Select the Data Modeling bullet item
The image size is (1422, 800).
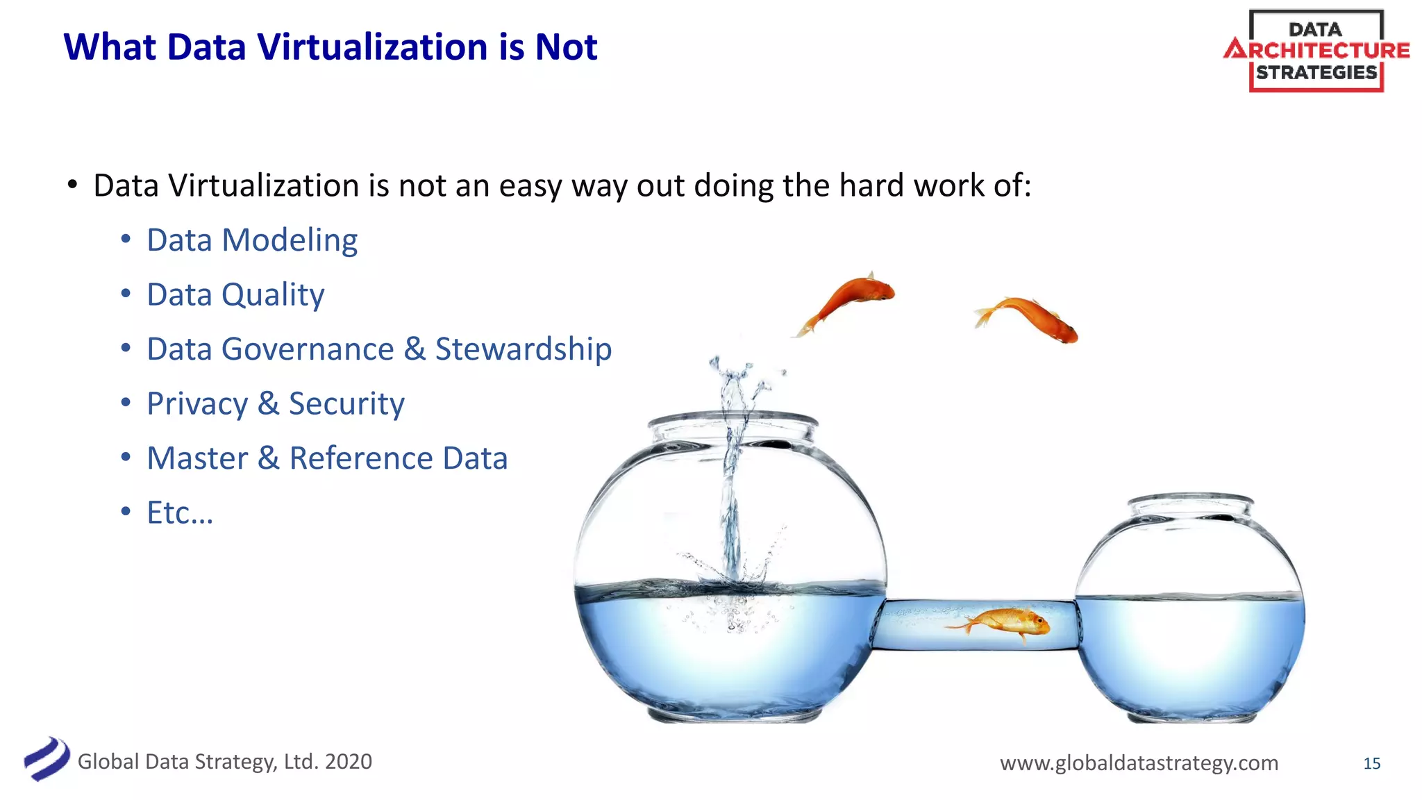[252, 240]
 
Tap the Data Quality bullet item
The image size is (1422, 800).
[235, 294]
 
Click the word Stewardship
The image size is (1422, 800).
[524, 349]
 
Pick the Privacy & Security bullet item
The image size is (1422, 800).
[276, 403]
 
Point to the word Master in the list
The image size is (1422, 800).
[198, 458]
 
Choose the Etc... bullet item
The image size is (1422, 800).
[180, 513]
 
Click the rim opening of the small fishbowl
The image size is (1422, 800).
[1190, 501]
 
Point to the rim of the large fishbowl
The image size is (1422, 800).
[732, 419]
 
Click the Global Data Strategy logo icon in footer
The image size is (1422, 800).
[46, 759]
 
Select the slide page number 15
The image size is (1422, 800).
[1371, 763]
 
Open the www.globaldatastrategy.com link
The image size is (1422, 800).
[1139, 762]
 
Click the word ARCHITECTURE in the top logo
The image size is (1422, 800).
[1317, 50]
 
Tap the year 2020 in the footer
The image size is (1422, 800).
[349, 761]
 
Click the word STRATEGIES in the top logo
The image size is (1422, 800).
[1316, 72]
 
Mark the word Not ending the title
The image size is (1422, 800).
[566, 47]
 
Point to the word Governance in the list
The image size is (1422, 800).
[308, 349]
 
